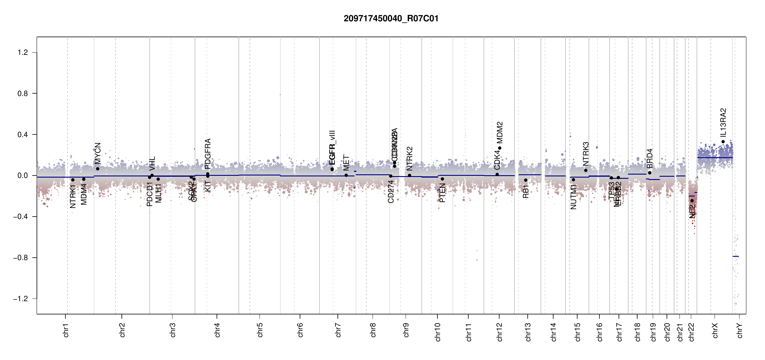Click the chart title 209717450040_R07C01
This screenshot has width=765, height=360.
tap(391, 19)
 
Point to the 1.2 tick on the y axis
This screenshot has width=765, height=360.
tap(22, 52)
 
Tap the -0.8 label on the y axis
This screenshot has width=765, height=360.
tap(20, 258)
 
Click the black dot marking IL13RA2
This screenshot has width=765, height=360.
tap(723, 142)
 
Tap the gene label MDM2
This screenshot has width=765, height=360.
tap(499, 133)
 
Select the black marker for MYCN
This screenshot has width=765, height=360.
tap(97, 169)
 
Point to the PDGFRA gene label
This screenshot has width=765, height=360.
tap(208, 153)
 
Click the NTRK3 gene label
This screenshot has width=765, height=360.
tap(586, 154)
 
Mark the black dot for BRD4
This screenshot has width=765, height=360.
tap(649, 173)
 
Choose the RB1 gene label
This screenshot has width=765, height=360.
tap(526, 192)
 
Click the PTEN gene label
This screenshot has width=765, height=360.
tap(442, 193)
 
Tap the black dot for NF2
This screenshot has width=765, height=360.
tap(692, 200)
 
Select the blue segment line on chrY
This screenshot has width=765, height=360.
tap(736, 256)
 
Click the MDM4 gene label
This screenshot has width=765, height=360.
tap(84, 194)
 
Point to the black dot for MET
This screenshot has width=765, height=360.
tap(346, 175)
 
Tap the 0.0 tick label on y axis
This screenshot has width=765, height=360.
tap(22, 175)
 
